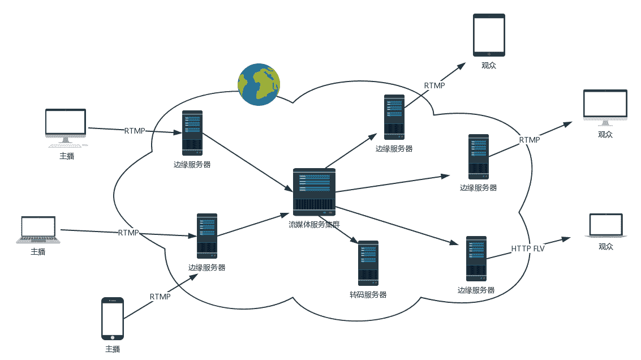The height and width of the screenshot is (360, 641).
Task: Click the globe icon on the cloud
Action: pyautogui.click(x=259, y=84)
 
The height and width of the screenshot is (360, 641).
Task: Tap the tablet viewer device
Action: pyautogui.click(x=489, y=35)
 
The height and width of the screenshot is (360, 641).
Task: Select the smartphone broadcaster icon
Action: pyautogui.click(x=112, y=319)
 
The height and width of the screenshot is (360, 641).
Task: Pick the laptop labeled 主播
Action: pyautogui.click(x=37, y=229)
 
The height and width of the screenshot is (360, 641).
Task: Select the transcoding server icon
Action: pyautogui.click(x=368, y=263)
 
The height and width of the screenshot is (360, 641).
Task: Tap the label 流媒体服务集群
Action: pyautogui.click(x=314, y=224)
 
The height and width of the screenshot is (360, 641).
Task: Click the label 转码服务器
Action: pyautogui.click(x=368, y=295)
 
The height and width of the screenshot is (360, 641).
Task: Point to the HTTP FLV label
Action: pyautogui.click(x=527, y=248)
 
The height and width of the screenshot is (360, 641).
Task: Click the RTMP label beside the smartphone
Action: pyautogui.click(x=160, y=297)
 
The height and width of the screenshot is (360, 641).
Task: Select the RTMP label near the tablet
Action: pyautogui.click(x=434, y=85)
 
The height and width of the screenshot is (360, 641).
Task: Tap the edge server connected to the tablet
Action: pyautogui.click(x=394, y=117)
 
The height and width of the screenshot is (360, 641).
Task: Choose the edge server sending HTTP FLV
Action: pyautogui.click(x=476, y=259)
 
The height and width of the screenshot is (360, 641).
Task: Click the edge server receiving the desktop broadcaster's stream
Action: pyautogui.click(x=192, y=133)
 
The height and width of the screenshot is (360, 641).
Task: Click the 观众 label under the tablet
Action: pyautogui.click(x=489, y=65)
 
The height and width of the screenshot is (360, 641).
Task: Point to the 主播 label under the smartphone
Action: pyautogui.click(x=113, y=349)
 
